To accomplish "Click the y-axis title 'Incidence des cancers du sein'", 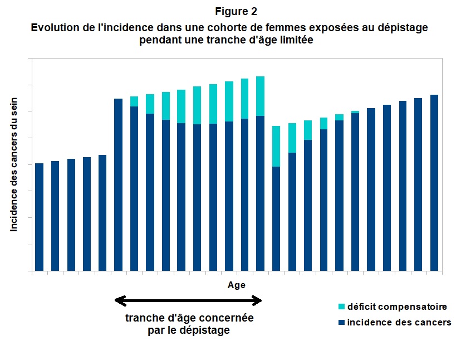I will [x=14, y=164].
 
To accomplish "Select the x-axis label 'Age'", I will [x=236, y=285].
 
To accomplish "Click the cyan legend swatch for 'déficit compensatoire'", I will [x=341, y=307].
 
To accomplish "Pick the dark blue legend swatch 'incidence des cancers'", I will [x=341, y=323].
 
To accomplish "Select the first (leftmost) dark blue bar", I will [x=39, y=217].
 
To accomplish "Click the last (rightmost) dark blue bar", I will [x=434, y=184].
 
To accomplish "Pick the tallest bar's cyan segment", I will [x=260, y=96].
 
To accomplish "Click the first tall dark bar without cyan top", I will [x=118, y=184].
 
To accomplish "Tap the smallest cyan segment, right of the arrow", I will [x=355, y=112].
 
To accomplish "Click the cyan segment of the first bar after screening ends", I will [x=276, y=146].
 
